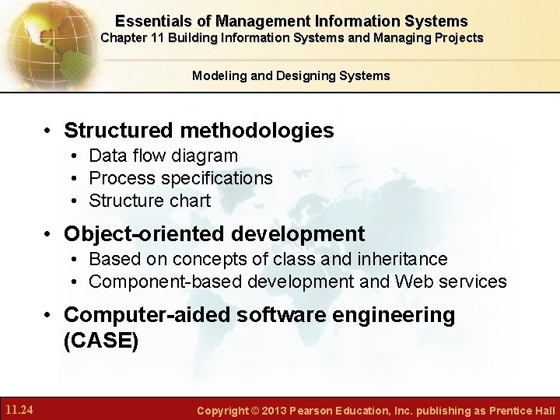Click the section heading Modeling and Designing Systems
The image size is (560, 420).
pyautogui.click(x=291, y=75)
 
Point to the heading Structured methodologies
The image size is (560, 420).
pyautogui.click(x=198, y=130)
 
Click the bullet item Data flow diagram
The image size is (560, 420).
pyautogui.click(x=163, y=156)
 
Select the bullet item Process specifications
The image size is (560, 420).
pyautogui.click(x=180, y=178)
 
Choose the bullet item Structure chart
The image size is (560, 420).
pyautogui.click(x=149, y=201)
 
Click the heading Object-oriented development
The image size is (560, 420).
pyautogui.click(x=214, y=233)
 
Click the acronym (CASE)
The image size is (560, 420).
pyautogui.click(x=101, y=341)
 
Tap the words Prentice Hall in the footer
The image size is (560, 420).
pyautogui.click(x=522, y=410)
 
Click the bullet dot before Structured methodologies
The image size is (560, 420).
pyautogui.click(x=48, y=131)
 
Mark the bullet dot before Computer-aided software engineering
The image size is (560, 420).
pyautogui.click(x=48, y=316)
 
